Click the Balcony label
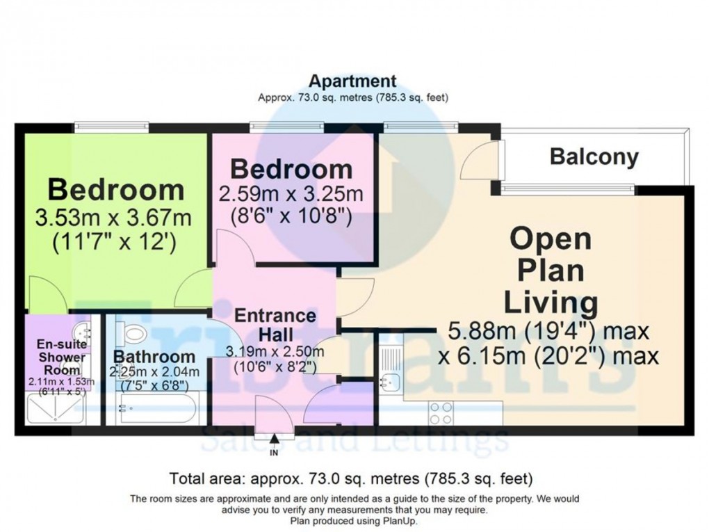(x=594, y=156)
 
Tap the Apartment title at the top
(x=353, y=81)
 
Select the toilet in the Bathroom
(x=131, y=332)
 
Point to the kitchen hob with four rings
(x=442, y=412)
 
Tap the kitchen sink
(x=391, y=379)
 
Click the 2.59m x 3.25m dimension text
(x=292, y=192)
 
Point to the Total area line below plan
(x=351, y=478)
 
